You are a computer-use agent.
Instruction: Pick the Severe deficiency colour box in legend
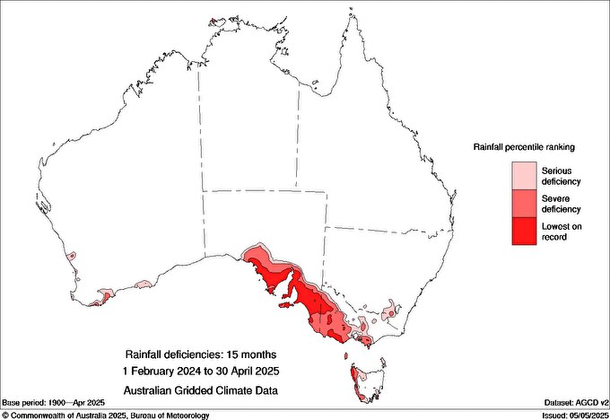523,203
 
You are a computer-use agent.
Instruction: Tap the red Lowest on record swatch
523,231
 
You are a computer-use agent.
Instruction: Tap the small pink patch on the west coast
72,258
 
